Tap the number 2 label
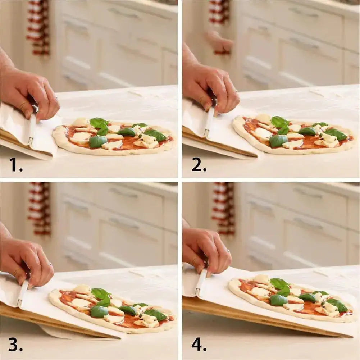[x=199, y=165]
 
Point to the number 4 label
[x=199, y=345]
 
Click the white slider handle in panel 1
[x=32, y=129]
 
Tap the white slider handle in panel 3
[x=22, y=293]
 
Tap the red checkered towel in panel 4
[x=224, y=209]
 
